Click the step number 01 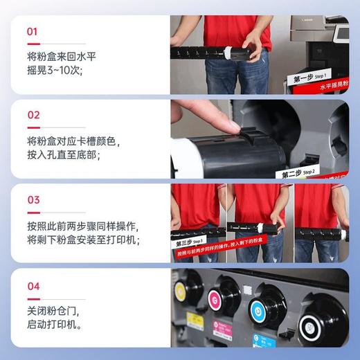(33, 31)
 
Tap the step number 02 (33, 115)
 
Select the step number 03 (33, 200)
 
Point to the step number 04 (33, 286)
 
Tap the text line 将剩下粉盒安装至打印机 (83, 240)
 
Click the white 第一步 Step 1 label (311, 77)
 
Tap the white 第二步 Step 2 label (298, 172)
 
